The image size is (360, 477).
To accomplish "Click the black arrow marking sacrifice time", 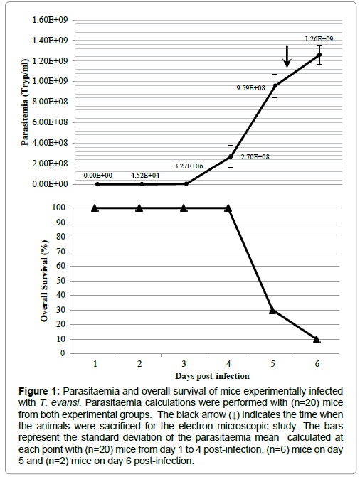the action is pos(287,57).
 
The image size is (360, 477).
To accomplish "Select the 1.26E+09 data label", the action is pos(319,39).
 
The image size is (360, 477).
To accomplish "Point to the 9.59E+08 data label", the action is pos(250,88).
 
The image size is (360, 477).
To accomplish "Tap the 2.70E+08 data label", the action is pos(255,157).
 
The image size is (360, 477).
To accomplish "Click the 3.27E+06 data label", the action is pos(189,166).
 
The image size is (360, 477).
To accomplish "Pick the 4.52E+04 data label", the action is pos(145,176).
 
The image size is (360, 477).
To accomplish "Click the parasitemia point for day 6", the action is pos(319,55).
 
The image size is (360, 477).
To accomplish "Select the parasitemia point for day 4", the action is pos(231,156).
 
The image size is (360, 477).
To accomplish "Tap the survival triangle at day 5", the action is pos(272,310).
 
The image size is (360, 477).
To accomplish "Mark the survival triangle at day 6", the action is pos(317,339).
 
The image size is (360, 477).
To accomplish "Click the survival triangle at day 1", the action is pos(95,208).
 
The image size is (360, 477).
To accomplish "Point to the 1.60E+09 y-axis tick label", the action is pos(50,20).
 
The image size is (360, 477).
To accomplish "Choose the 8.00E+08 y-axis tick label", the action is pos(50,102).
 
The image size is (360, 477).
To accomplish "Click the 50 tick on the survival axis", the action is pos(61,281).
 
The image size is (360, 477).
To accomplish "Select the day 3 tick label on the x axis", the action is pos(184,364).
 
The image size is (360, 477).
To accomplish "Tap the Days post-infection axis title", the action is pos(212,376).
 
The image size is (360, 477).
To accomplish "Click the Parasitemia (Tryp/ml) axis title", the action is pos(25,102).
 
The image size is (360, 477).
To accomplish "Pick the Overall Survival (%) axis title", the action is pos(45,281).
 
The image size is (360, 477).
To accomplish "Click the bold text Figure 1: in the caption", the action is pos(39,391).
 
